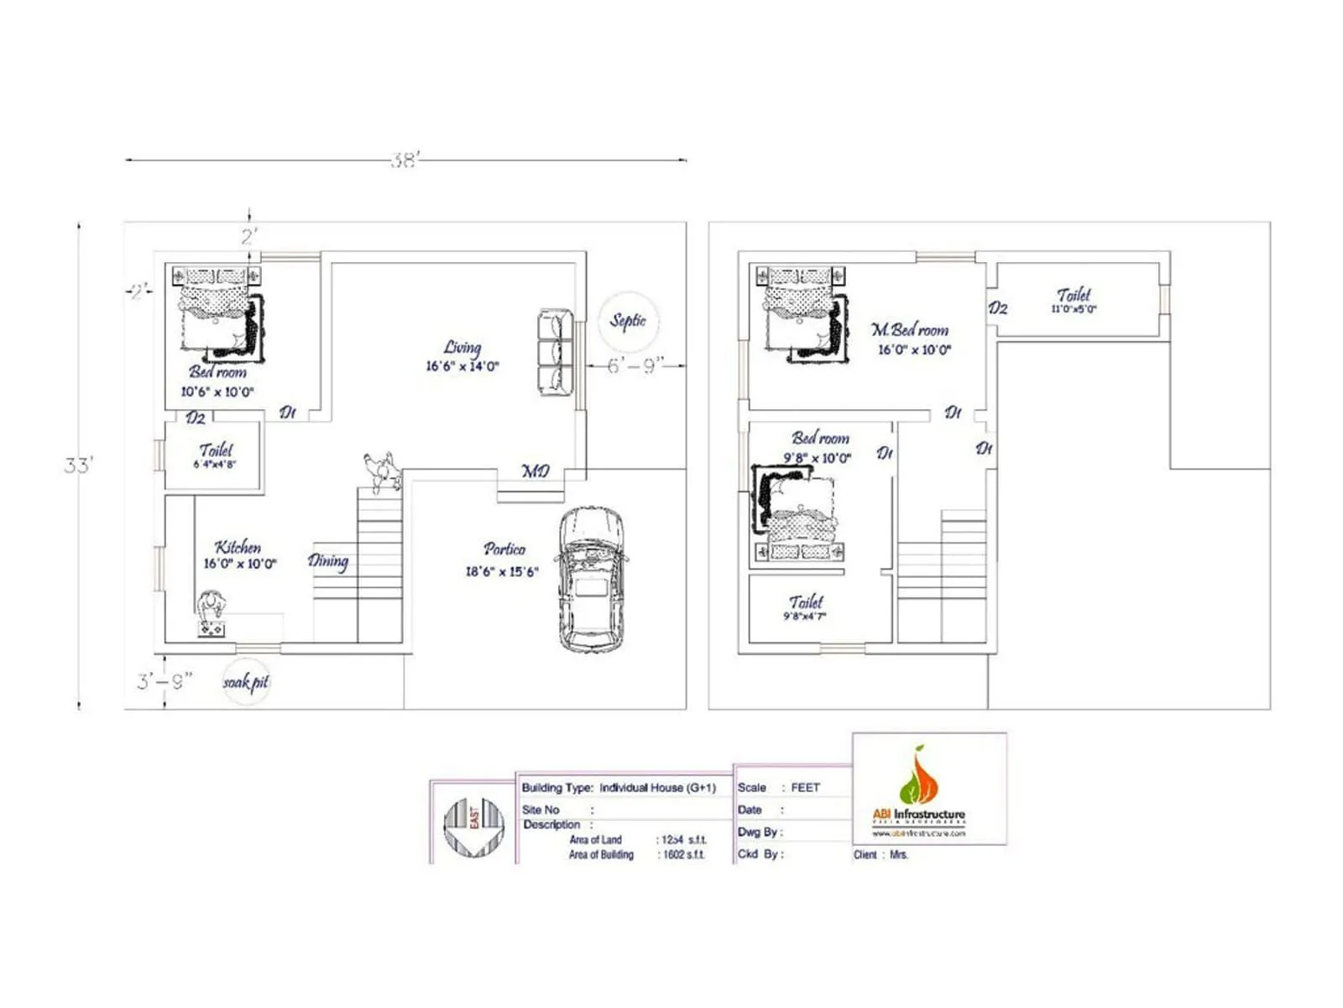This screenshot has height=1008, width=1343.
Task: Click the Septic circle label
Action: point(628,321)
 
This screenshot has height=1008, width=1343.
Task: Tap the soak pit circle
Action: point(246,682)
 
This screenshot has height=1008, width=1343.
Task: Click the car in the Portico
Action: point(591,580)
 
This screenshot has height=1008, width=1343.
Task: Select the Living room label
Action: point(462,355)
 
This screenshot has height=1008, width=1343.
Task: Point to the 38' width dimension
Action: point(405,160)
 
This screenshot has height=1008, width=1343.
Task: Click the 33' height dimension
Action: point(79,465)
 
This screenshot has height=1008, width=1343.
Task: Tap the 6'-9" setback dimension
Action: point(635,365)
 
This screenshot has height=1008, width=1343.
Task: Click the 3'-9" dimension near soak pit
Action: point(165,680)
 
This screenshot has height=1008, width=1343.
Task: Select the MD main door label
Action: point(536,471)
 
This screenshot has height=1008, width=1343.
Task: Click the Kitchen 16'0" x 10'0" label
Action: point(239,555)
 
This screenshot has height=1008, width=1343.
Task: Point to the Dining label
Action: point(327,561)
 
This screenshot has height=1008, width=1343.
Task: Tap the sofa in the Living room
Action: point(555,353)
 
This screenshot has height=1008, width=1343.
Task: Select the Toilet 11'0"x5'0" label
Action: point(1074,300)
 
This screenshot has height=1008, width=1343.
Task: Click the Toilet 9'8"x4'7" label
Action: point(805,607)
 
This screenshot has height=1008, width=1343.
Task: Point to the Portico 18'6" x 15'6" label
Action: point(503,559)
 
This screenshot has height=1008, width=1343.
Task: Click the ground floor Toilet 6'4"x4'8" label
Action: point(216,455)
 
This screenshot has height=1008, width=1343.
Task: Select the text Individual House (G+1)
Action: point(657,788)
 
